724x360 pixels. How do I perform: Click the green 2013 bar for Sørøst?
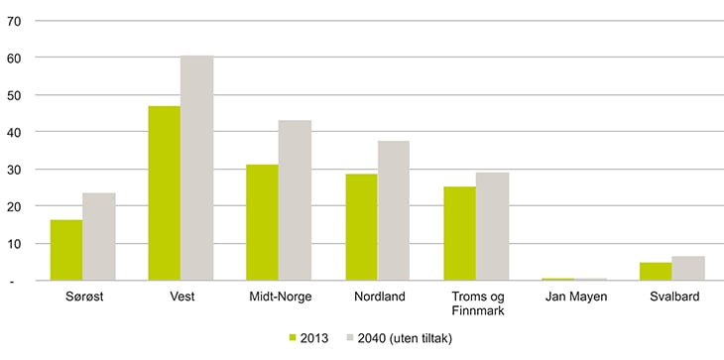point(66,251)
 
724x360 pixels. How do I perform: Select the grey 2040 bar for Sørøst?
point(99,237)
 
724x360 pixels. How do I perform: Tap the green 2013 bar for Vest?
point(165,193)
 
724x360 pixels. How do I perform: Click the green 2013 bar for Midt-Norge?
point(263,223)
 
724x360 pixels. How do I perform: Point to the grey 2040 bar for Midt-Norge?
point(296,201)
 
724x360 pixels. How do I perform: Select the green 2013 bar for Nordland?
point(361,228)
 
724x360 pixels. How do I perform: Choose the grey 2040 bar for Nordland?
point(394,211)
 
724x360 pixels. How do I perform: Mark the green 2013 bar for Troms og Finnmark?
point(459,234)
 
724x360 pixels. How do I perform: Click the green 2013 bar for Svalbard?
point(656,272)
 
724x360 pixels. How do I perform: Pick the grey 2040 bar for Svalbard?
point(688,269)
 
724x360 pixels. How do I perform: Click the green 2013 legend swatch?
point(293,338)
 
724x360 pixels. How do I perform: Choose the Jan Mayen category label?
point(574,297)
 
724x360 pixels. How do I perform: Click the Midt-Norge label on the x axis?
point(280,297)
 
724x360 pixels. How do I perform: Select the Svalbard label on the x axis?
point(672,297)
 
